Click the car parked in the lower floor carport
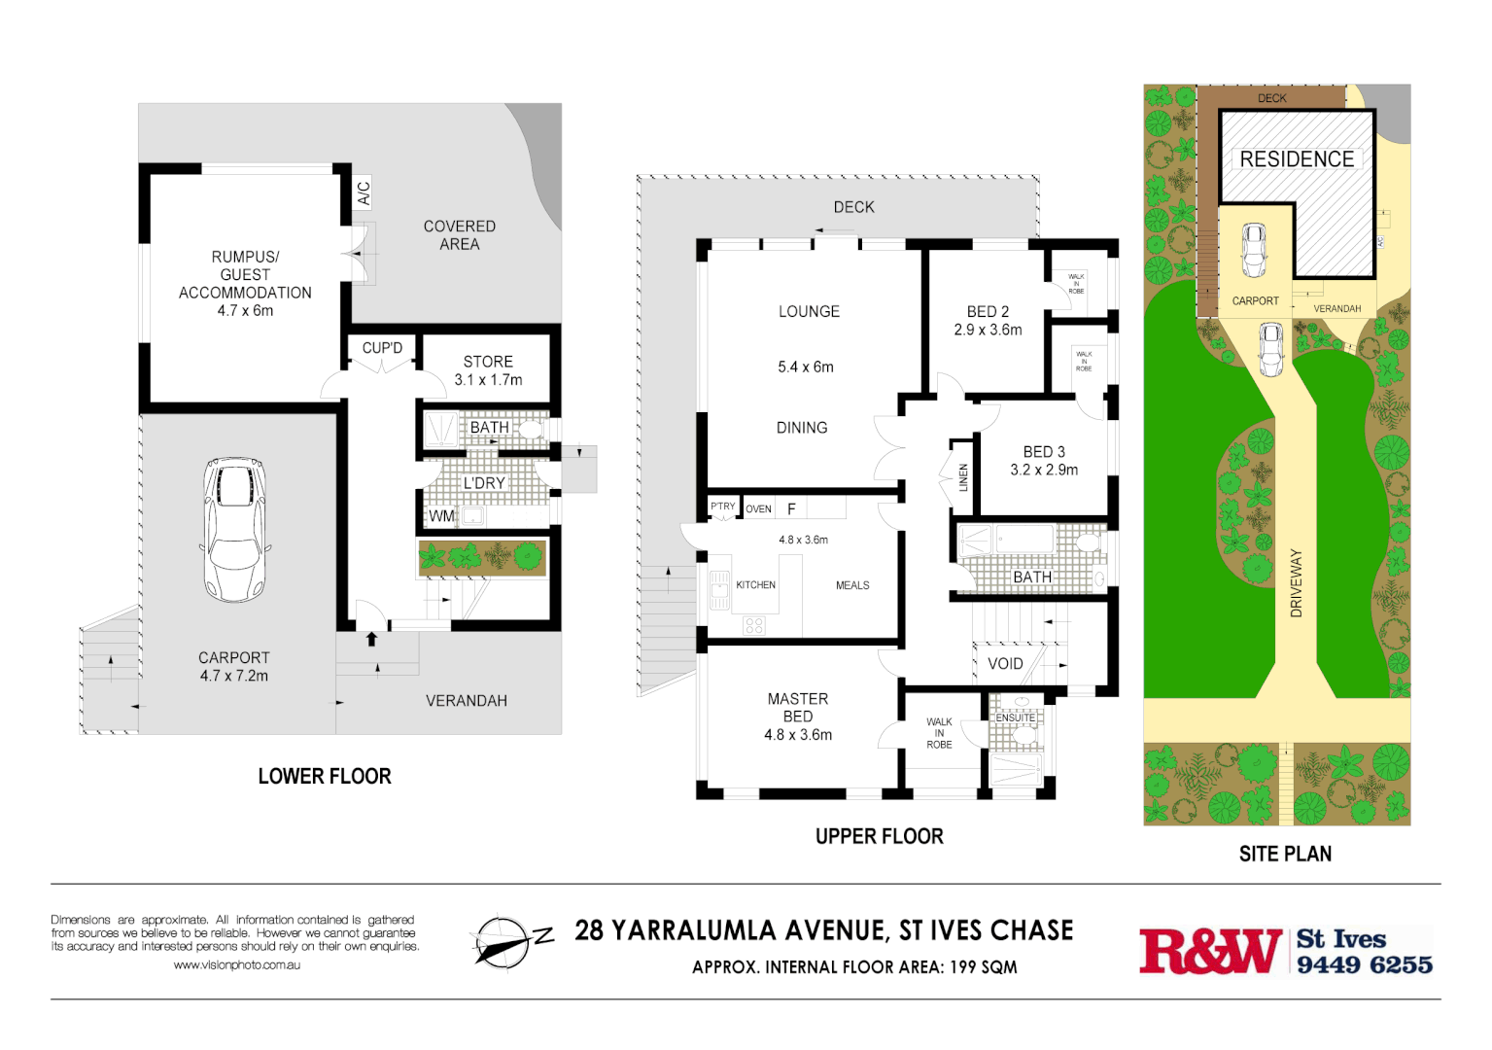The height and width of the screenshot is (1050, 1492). point(234,529)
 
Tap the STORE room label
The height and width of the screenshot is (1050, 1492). point(488,362)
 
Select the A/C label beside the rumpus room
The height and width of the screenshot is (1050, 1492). point(364,193)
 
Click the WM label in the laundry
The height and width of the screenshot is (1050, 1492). point(441,516)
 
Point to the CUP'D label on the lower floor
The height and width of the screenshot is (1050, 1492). point(382,348)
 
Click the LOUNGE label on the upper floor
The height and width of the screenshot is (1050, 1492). point(809,312)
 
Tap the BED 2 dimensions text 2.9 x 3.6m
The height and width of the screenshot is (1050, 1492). point(988,331)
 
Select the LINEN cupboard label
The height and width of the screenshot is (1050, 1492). point(963,476)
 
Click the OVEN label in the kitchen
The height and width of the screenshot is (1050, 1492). point(758,509)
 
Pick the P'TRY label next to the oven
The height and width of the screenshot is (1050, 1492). point(722,507)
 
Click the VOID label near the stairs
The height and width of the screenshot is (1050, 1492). point(1005,664)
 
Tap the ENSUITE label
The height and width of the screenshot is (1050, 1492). point(1015,718)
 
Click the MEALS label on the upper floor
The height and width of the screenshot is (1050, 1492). point(852,585)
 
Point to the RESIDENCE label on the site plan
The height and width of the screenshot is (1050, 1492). point(1297,159)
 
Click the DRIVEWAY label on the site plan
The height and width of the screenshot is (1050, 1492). point(1296,583)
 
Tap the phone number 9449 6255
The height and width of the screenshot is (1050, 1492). point(1365,965)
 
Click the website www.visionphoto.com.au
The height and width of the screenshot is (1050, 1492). point(237,965)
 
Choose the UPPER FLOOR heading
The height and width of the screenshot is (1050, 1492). point(879,837)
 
